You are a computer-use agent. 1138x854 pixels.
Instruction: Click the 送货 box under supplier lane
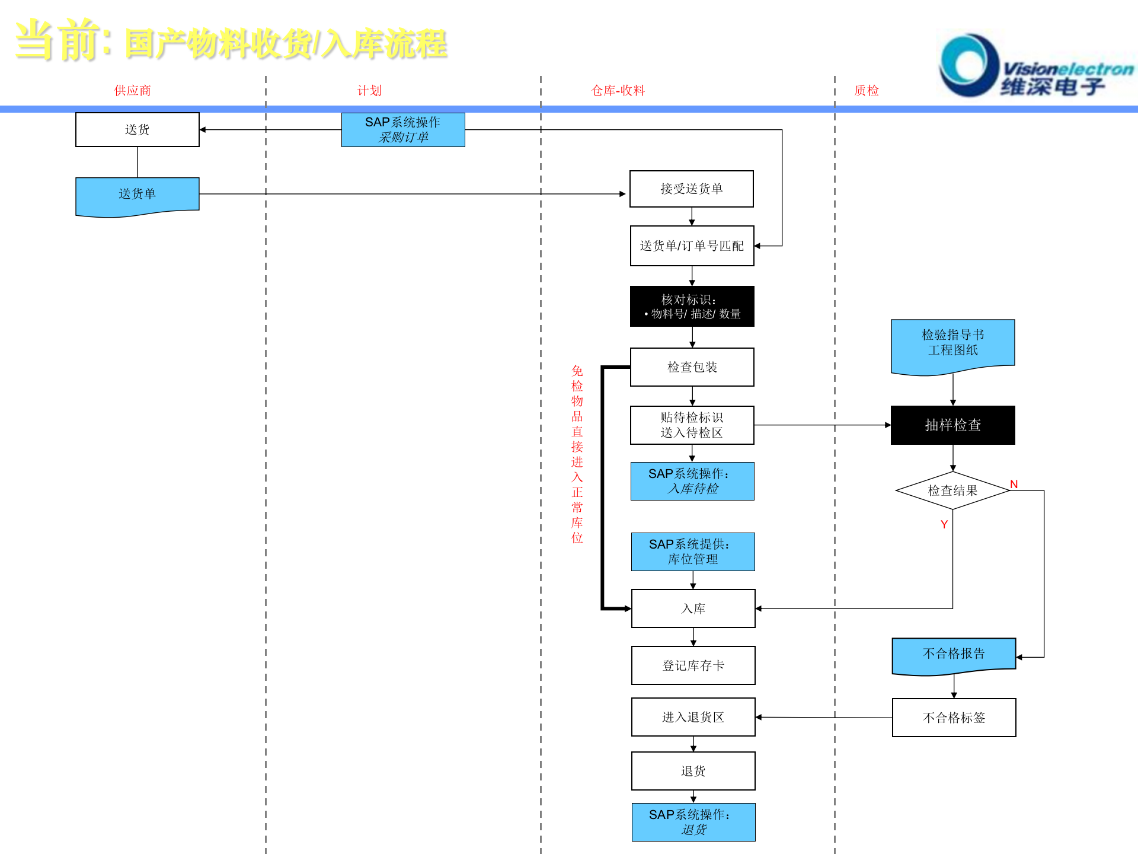point(138,129)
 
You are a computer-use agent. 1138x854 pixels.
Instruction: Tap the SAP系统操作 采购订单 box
point(403,129)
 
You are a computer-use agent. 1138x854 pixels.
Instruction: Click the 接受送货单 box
point(691,189)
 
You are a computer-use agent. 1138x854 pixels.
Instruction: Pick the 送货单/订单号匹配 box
point(692,246)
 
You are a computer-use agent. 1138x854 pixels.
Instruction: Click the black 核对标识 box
point(692,306)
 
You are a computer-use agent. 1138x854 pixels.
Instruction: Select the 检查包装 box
point(692,367)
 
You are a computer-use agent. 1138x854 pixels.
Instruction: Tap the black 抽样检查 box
point(952,425)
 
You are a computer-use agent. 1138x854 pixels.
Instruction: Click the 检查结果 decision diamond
point(952,490)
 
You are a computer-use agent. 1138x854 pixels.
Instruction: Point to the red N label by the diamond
point(1014,484)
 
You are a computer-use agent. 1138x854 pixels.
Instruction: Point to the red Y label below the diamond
point(944,524)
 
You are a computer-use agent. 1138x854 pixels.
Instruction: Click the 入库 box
point(693,608)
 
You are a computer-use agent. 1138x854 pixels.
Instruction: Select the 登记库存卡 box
point(693,665)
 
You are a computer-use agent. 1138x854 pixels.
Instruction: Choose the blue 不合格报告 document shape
point(954,654)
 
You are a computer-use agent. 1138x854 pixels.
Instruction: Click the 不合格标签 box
point(954,718)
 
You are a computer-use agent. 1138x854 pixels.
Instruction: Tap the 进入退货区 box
point(693,717)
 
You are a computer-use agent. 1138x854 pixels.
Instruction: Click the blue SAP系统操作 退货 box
point(693,822)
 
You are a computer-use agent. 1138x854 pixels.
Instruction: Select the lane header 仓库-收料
point(618,90)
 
